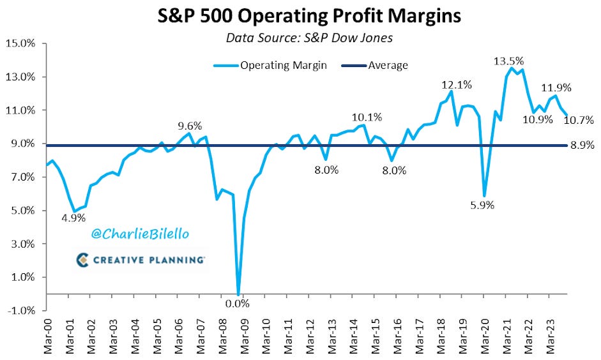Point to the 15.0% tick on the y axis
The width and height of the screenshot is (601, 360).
[x=22, y=44]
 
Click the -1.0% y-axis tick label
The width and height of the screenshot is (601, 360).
[x=22, y=311]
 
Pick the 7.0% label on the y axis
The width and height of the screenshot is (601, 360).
[x=22, y=177]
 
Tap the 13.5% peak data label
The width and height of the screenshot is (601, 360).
[x=509, y=61]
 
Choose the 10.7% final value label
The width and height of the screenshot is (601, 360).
[x=580, y=119]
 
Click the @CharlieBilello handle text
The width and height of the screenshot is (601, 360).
[x=141, y=234]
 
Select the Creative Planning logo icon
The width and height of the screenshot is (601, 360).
[x=81, y=259]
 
